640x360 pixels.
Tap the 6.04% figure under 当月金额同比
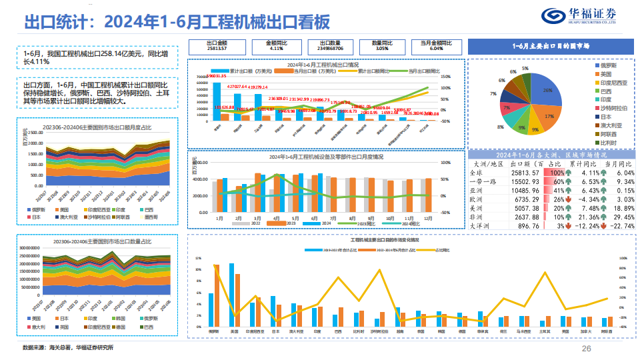[x=436, y=49]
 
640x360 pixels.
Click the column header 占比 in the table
[x=555, y=163]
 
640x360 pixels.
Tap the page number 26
[x=587, y=349]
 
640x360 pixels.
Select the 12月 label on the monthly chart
[x=427, y=217]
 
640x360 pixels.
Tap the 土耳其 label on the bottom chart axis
[x=544, y=331]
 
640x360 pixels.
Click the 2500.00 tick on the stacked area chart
[x=35, y=133]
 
